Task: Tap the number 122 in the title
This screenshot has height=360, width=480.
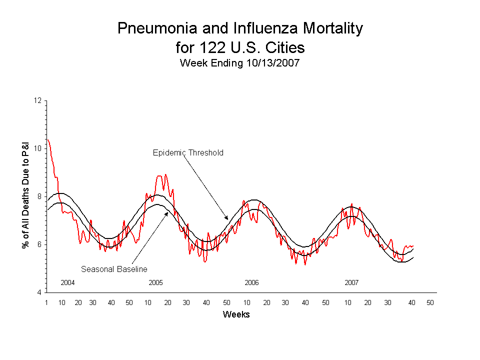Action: coord(209,48)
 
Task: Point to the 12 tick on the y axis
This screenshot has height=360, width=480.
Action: coord(37,100)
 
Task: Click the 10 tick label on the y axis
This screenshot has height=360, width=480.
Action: coord(37,148)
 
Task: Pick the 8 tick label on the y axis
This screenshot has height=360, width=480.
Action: coord(39,196)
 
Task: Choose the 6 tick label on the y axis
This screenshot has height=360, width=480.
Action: coord(39,244)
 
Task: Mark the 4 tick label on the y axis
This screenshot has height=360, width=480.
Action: coord(39,292)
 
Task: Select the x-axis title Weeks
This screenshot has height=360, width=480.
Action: coord(236,314)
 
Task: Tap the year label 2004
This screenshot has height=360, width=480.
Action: coord(67,282)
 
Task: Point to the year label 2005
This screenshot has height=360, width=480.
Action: coord(155,282)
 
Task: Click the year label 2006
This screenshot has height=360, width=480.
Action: coord(251,282)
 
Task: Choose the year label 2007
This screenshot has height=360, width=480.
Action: coord(351,282)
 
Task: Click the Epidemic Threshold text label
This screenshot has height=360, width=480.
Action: coord(188,153)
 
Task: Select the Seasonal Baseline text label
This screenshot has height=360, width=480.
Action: coord(114,269)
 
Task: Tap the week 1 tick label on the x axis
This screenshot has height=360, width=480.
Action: coord(46,303)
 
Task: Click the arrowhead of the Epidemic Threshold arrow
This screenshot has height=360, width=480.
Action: coord(227,219)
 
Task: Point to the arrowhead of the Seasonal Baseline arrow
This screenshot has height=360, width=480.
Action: coord(167,212)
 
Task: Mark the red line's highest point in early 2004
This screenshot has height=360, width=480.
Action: coord(47,140)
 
